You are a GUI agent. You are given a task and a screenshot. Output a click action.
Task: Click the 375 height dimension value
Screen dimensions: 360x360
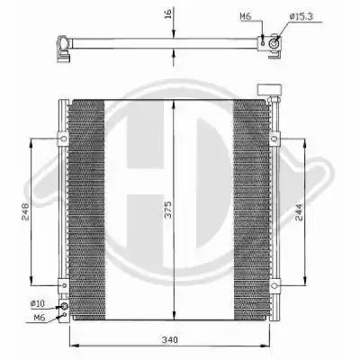point(168,210)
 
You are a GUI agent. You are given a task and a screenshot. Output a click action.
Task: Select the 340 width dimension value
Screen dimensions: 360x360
point(170,340)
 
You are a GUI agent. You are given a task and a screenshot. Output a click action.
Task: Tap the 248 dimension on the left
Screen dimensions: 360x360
point(25,212)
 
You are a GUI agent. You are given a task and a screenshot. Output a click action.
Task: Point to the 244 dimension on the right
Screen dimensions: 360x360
point(299,212)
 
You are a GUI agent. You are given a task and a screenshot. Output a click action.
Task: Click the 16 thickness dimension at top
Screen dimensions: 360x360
point(168,13)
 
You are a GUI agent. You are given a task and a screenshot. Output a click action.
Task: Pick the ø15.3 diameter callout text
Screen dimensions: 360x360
point(301,16)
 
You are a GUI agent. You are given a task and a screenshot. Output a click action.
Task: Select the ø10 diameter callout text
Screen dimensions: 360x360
point(38,303)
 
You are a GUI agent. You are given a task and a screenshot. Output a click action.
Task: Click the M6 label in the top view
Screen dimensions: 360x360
point(246,16)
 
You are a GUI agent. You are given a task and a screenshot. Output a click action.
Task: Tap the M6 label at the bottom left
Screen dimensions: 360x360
point(40,317)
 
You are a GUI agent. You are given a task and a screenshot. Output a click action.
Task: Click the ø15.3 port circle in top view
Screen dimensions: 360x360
point(274,44)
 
